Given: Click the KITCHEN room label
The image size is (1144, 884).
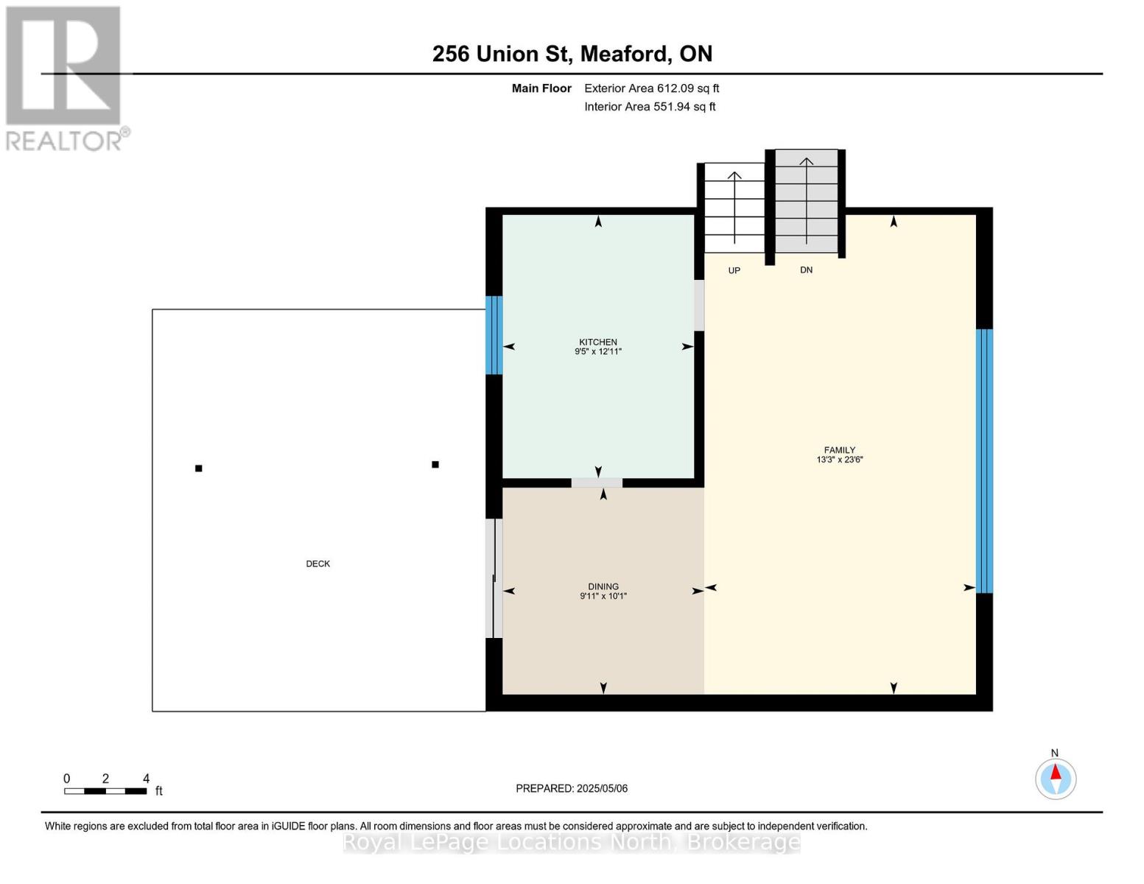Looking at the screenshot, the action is click(598, 342).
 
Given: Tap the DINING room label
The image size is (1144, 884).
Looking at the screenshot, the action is click(603, 586).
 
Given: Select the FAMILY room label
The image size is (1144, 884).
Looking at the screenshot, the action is click(840, 449).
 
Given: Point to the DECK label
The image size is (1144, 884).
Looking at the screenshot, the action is click(318, 564).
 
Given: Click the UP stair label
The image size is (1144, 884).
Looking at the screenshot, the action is click(734, 270).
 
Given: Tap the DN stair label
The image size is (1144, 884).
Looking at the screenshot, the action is click(806, 270).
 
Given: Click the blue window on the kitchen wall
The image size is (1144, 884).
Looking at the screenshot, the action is click(494, 335).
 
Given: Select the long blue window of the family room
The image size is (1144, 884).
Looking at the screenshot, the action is click(984, 460).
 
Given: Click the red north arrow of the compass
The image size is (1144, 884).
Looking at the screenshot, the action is click(1056, 772).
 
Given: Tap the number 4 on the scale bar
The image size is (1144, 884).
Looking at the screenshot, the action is click(146, 778).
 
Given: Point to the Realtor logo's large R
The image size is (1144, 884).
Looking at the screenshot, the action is click(63, 66).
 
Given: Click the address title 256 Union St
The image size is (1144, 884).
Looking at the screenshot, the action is click(502, 54).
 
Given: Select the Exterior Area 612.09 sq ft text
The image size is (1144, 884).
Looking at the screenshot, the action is click(652, 88).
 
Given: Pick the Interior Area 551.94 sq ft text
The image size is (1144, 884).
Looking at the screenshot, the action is click(650, 106).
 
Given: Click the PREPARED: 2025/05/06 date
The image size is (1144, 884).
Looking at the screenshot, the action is click(572, 788).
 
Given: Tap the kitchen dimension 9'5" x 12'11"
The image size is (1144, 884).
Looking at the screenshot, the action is click(598, 351).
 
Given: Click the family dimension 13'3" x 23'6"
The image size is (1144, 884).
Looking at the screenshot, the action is click(840, 459).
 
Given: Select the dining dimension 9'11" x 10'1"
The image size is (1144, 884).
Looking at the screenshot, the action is click(603, 596).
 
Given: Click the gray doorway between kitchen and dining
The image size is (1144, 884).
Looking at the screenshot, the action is click(597, 483).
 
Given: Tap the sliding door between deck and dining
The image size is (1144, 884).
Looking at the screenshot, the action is click(494, 578).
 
